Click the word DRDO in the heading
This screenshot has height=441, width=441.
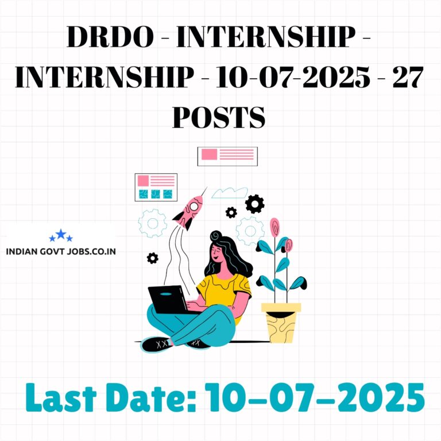110,37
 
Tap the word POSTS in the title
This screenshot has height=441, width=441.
219,117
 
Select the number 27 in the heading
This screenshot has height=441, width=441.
408,77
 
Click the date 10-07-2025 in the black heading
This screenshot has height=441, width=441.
292,77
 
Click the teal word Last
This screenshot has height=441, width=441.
61,397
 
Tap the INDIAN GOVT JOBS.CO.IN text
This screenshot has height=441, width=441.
61,252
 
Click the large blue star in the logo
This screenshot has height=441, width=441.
61,234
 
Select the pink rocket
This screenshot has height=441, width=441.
188,211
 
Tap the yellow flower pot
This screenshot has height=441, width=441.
281,323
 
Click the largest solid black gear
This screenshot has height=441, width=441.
254,204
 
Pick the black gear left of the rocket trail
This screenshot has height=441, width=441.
152,258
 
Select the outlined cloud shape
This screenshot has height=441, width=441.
230,193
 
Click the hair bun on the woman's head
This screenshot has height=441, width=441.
216,235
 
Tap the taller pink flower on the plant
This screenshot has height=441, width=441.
274,227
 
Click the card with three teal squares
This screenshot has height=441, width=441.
156,187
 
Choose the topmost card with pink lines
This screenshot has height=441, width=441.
227,156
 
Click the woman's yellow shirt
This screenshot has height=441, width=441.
225,293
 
